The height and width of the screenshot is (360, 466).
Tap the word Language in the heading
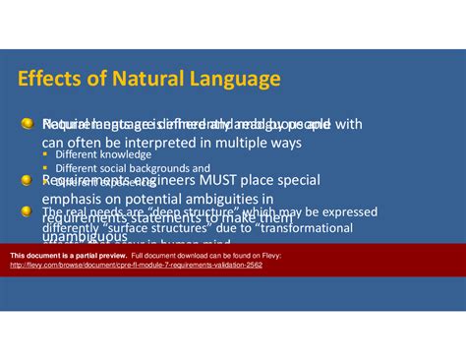[232, 78]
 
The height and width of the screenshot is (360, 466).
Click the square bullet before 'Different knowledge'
[47, 155]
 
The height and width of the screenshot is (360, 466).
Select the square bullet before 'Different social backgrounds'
[47, 169]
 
